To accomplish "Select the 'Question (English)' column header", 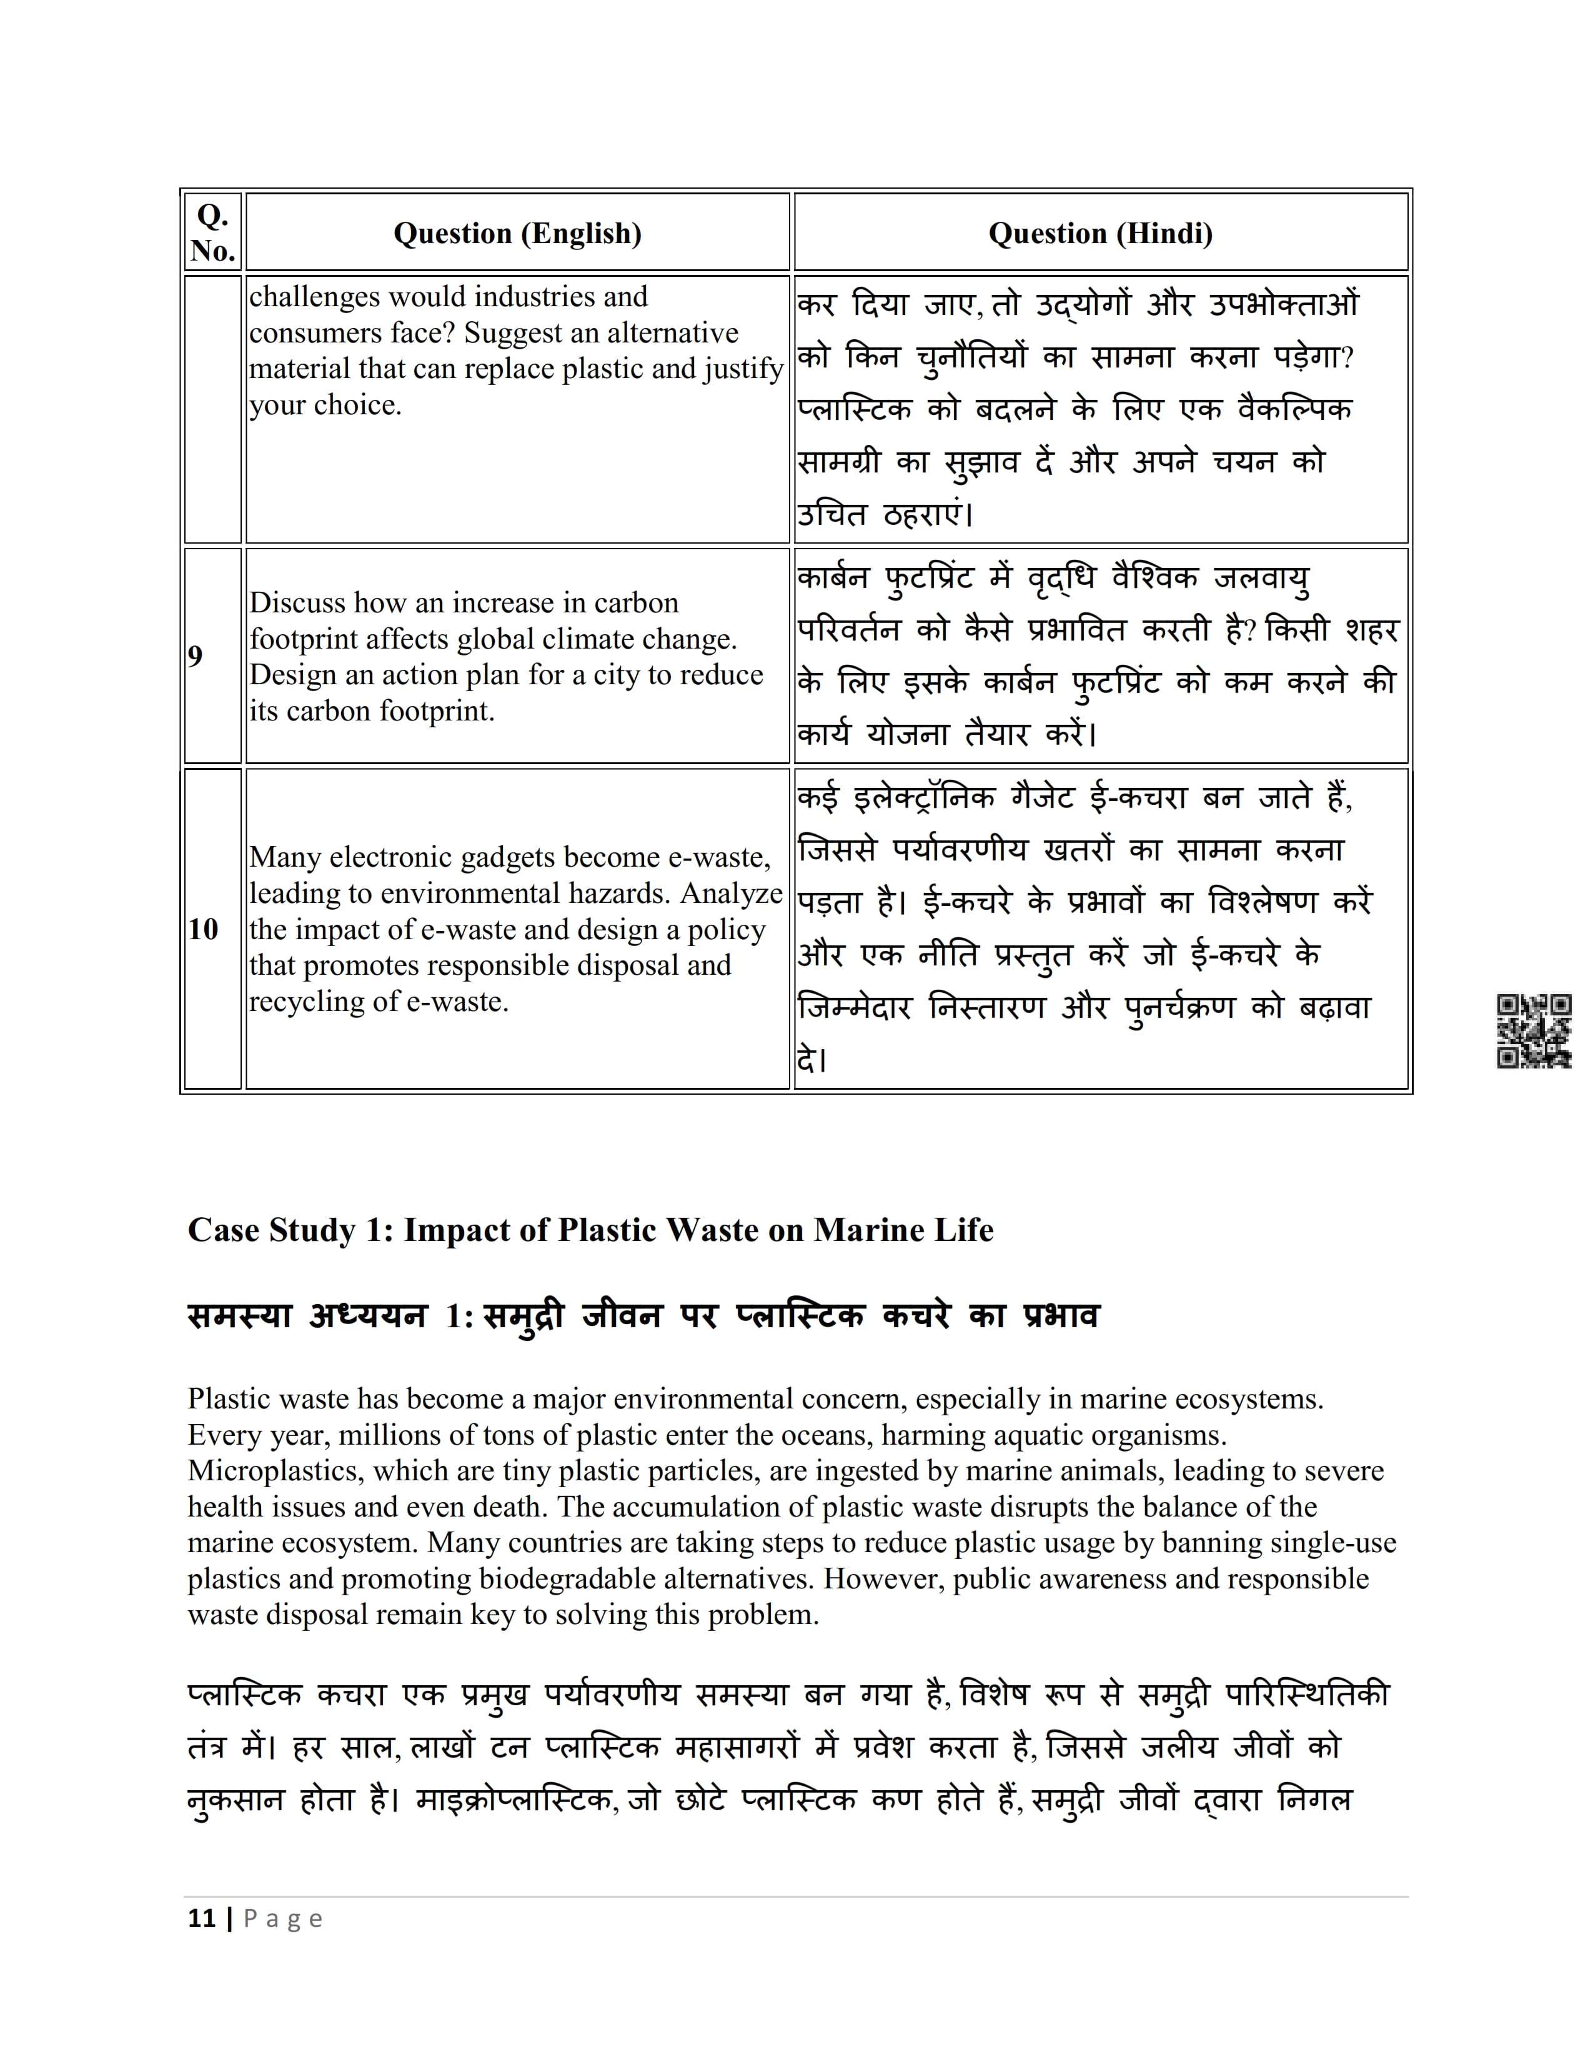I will (517, 233).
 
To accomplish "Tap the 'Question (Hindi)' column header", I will (1100, 233).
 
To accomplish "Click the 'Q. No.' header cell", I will (212, 233).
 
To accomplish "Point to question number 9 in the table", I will (196, 656).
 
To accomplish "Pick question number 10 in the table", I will (203, 929).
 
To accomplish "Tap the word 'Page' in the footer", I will (283, 1920).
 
